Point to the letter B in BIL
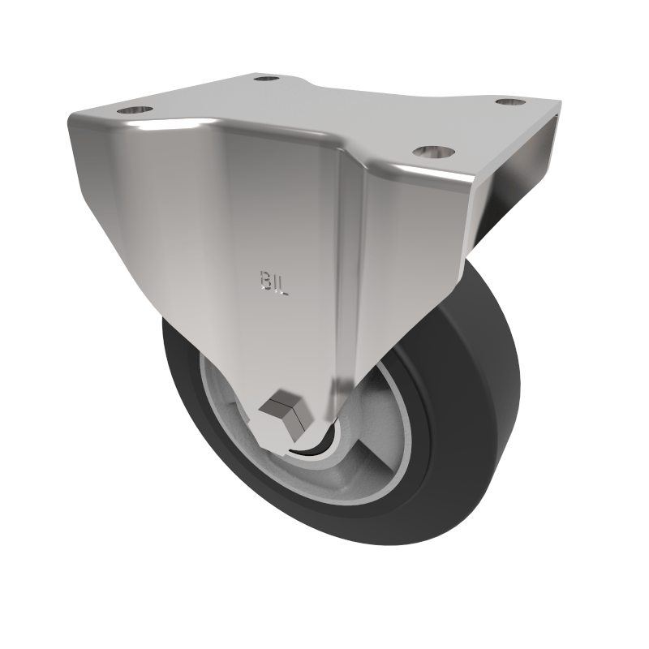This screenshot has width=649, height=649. click(263, 280)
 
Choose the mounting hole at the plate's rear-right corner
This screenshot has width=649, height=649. click(509, 103)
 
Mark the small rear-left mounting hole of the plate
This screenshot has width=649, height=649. click(264, 79)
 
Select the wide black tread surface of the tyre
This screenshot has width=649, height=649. click(479, 381)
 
